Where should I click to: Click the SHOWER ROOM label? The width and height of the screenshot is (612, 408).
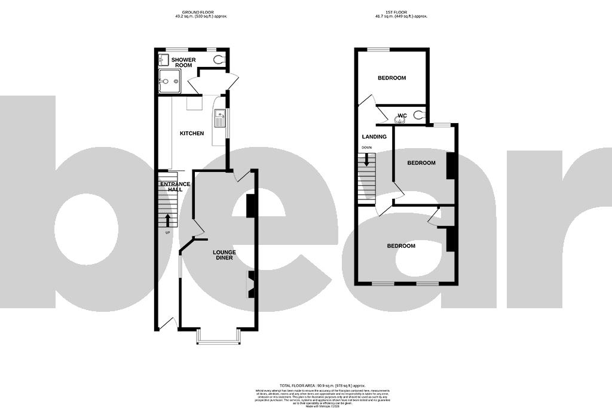183,63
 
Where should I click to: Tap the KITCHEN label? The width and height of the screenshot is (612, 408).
192,133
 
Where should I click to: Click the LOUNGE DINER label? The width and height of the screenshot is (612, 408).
225,255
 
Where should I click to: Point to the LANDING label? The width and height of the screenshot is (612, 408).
375,137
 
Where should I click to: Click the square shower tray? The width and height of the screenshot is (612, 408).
170,82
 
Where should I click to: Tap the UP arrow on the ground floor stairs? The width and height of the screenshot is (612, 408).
168,220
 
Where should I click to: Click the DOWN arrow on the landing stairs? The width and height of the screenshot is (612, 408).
368,160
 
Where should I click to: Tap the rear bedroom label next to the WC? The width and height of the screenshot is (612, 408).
391,78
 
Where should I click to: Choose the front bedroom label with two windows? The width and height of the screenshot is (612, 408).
400,246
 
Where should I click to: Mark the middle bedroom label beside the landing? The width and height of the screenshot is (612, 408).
421,163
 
